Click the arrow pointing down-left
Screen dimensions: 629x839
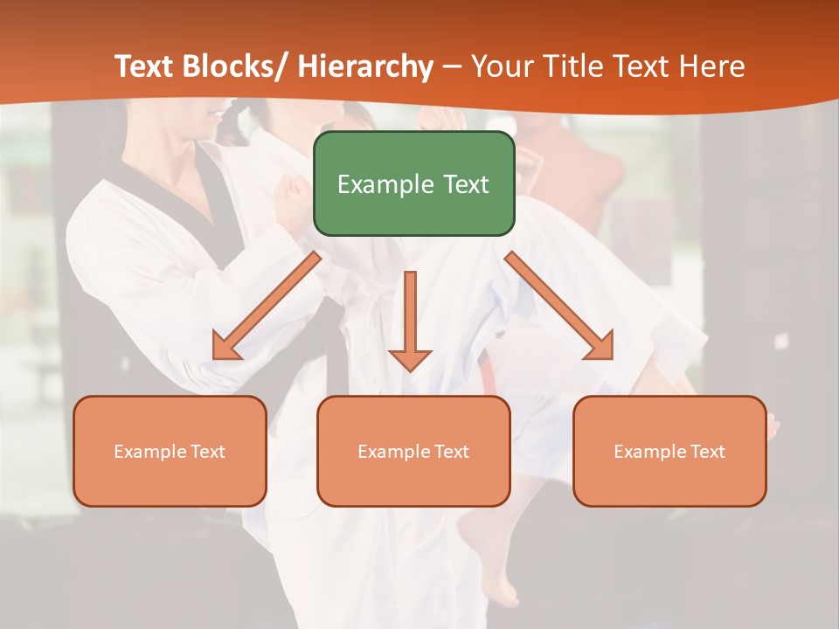(x=267, y=306)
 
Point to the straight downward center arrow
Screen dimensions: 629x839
(x=410, y=320)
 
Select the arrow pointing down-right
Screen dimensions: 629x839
(x=559, y=306)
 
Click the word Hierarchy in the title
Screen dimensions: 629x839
(x=365, y=66)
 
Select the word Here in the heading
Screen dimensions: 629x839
(x=714, y=66)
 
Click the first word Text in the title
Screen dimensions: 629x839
(x=147, y=66)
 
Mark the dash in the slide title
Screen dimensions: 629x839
(x=452, y=67)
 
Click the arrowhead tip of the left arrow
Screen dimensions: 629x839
(x=216, y=356)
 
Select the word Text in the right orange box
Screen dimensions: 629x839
(x=708, y=452)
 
